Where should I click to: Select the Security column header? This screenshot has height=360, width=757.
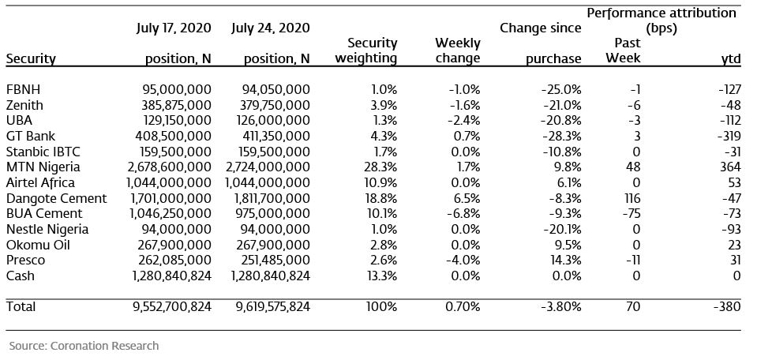(x=31, y=59)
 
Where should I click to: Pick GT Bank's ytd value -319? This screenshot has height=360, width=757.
(x=729, y=136)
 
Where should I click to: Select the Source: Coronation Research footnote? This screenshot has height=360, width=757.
(x=84, y=346)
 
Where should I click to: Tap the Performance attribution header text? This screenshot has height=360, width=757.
(x=661, y=13)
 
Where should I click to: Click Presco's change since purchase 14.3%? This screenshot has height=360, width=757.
(x=565, y=260)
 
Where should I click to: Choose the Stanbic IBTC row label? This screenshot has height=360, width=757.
(x=43, y=152)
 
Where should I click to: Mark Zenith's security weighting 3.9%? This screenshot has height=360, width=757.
(x=384, y=105)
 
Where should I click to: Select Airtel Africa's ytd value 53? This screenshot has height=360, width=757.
(x=733, y=183)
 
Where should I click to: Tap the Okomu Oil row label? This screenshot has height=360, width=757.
(x=38, y=245)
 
